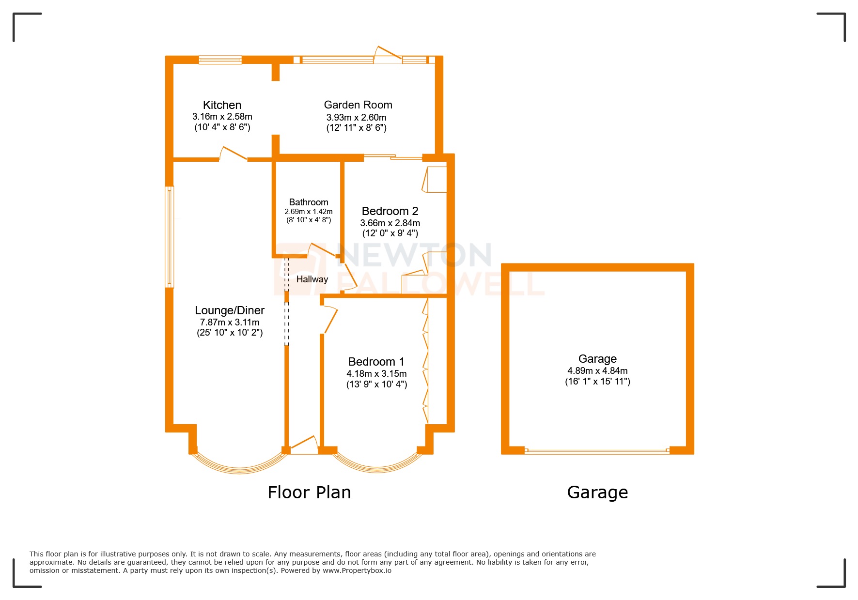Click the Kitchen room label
coord(222,105)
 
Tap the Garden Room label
coord(358,105)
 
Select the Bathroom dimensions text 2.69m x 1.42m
coord(308,212)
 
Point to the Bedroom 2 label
coord(390,211)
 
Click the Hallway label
coord(312,279)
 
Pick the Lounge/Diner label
coord(230,310)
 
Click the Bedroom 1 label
coord(376,362)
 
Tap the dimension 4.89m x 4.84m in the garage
coord(597,371)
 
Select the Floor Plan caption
coord(309,492)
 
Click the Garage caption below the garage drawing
coord(597,492)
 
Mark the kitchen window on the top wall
coord(220,60)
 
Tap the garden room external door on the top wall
coord(388,54)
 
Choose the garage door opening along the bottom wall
coord(597,451)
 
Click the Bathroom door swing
coord(322,250)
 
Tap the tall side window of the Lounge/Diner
coord(170,237)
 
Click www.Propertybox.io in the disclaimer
coord(357,570)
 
